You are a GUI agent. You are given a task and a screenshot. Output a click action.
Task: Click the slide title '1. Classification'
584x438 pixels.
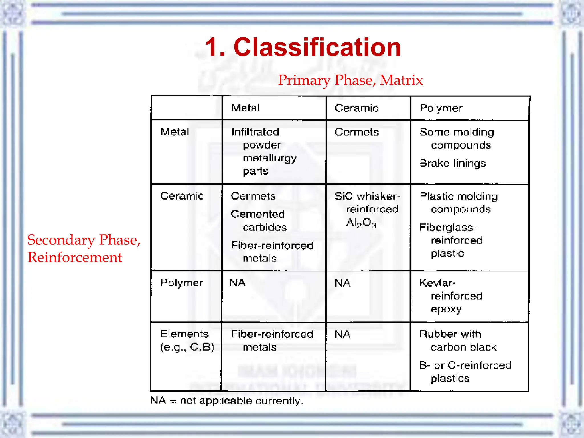(x=303, y=47)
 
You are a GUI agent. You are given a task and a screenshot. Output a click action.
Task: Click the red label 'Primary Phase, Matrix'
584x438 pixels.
(x=350, y=80)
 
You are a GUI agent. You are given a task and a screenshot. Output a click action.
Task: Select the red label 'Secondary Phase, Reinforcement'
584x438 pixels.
(x=84, y=248)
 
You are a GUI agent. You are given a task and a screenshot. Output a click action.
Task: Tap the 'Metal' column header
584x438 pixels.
(x=245, y=108)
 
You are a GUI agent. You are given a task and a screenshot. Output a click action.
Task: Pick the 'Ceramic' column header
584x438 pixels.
(x=356, y=108)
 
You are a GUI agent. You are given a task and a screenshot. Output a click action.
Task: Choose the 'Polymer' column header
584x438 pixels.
(x=441, y=108)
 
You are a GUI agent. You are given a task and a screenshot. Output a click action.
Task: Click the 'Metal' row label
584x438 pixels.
(x=175, y=132)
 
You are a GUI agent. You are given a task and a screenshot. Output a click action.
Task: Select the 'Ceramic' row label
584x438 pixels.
(x=182, y=196)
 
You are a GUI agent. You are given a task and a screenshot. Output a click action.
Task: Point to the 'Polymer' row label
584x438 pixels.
(x=181, y=283)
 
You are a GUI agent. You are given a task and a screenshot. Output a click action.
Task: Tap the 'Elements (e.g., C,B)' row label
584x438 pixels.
(x=187, y=340)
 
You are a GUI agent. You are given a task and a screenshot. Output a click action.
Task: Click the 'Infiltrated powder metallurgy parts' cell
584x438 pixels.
(x=264, y=151)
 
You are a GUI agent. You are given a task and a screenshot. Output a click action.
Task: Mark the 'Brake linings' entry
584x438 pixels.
(x=453, y=163)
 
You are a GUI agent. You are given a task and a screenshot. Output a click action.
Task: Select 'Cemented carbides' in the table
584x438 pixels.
(x=258, y=221)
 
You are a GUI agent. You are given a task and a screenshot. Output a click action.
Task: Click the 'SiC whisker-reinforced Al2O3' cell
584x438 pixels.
(x=367, y=209)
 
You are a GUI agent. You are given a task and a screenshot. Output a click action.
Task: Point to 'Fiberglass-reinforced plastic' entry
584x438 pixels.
(x=451, y=240)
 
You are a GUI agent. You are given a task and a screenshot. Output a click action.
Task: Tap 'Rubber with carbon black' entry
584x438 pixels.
(x=458, y=340)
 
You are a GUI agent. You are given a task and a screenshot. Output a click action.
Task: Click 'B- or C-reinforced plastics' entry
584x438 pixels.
(x=465, y=372)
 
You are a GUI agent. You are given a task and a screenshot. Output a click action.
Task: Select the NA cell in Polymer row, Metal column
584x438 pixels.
(x=237, y=283)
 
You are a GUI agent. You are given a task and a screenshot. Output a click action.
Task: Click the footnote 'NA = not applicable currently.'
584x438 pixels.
(x=226, y=401)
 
